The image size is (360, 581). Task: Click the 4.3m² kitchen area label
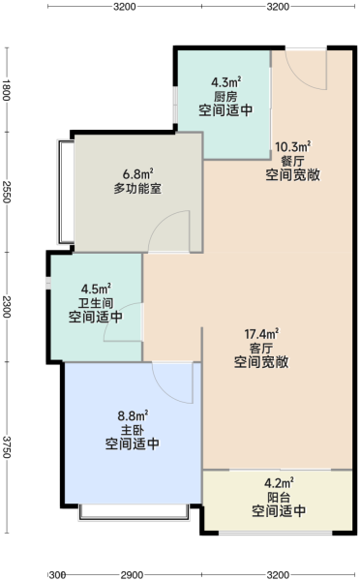point(225,82)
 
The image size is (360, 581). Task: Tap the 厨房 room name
point(225,96)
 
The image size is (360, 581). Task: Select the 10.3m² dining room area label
point(292,147)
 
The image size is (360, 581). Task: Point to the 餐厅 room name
point(292,161)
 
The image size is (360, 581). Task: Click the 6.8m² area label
point(138,174)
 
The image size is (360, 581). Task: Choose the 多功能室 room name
point(137,189)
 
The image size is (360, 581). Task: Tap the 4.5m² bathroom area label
point(97,289)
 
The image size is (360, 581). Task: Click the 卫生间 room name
point(96,303)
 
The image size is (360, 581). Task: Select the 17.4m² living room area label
point(261,334)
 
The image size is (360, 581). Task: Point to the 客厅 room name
point(261,349)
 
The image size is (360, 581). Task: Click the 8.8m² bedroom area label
point(133,416)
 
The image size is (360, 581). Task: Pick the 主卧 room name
point(133,430)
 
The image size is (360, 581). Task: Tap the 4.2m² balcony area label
point(280,483)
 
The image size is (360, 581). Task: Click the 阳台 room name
point(279,498)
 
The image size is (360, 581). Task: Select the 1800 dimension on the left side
point(7,90)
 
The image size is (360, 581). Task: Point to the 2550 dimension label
point(7,192)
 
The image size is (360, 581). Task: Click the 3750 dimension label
point(7,446)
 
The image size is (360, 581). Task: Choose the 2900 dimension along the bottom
point(132,575)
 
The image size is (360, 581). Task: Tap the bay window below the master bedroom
point(134,511)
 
